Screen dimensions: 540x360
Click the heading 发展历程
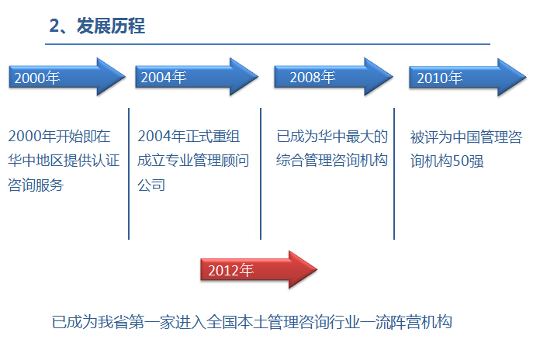[111, 26]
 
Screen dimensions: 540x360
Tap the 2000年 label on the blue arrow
[37, 78]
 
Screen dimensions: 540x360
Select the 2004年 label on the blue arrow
[164, 77]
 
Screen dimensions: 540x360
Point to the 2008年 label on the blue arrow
[313, 77]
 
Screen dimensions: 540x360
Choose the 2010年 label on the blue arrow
[440, 78]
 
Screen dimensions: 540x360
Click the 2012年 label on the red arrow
[231, 270]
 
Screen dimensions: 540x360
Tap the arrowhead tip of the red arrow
[317, 269]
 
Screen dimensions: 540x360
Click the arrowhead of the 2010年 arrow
[512, 78]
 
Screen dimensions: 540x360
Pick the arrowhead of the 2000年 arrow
[111, 77]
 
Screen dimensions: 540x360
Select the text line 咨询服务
[36, 185]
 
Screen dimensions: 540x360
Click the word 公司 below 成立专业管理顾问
[151, 185]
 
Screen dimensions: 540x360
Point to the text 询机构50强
[447, 161]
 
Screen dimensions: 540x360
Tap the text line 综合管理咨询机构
[332, 160]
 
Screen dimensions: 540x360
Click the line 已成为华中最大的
[332, 137]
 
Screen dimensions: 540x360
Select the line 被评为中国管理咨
[466, 137]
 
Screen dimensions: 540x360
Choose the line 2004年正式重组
[189, 137]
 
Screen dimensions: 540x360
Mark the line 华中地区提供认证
[64, 161]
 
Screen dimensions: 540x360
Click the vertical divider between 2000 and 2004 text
[129, 174]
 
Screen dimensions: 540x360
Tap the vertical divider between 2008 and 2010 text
[394, 174]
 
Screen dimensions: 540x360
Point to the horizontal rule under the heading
[268, 44]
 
